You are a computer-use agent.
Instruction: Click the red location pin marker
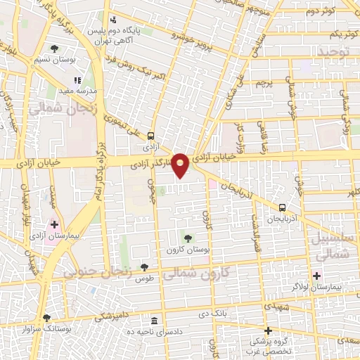(181, 165)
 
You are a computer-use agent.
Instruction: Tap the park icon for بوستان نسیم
(55, 49)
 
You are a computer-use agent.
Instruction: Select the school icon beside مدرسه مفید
(77, 81)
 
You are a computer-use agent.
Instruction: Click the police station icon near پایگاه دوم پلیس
(114, 21)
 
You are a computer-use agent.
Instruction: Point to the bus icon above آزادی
(150, 136)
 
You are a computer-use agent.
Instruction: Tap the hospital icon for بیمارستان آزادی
(54, 224)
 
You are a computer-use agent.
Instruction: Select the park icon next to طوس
(144, 267)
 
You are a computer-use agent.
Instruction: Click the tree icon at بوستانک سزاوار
(46, 318)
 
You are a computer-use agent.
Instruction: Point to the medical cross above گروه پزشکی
(267, 330)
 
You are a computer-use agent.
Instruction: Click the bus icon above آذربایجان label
(282, 207)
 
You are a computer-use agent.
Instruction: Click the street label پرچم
(263, 83)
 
